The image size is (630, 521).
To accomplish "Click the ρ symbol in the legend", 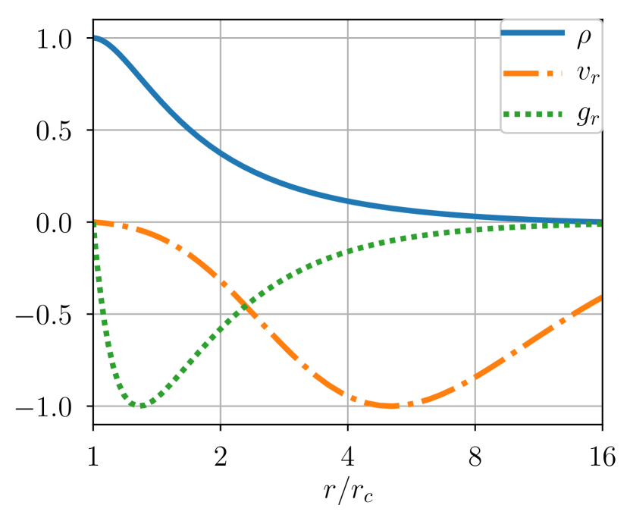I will [x=584, y=36].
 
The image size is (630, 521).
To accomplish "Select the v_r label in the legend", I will [x=587, y=74].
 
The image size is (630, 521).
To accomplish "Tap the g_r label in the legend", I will [x=587, y=115].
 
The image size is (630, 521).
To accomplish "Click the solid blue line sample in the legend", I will [x=533, y=32].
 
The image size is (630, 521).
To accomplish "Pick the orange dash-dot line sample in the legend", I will [x=533, y=74].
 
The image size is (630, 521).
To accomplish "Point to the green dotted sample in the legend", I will [x=533, y=115].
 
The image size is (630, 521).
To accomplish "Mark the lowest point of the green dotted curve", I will [x=141, y=405].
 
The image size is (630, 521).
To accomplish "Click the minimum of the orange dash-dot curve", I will [x=390, y=406].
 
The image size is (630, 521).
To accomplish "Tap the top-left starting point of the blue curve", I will [x=95, y=37].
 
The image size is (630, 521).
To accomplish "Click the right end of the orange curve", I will [x=600, y=297].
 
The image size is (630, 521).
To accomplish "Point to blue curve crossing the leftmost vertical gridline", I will [x=221, y=153].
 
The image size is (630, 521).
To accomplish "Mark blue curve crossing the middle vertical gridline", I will [x=348, y=201].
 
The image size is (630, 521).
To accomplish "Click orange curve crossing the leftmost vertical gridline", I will [x=221, y=281].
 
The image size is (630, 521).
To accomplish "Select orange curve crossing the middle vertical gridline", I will [x=348, y=395].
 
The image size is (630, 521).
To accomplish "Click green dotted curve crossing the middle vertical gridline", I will [x=348, y=250].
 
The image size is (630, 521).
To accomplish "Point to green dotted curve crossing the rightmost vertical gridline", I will [x=475, y=229].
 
